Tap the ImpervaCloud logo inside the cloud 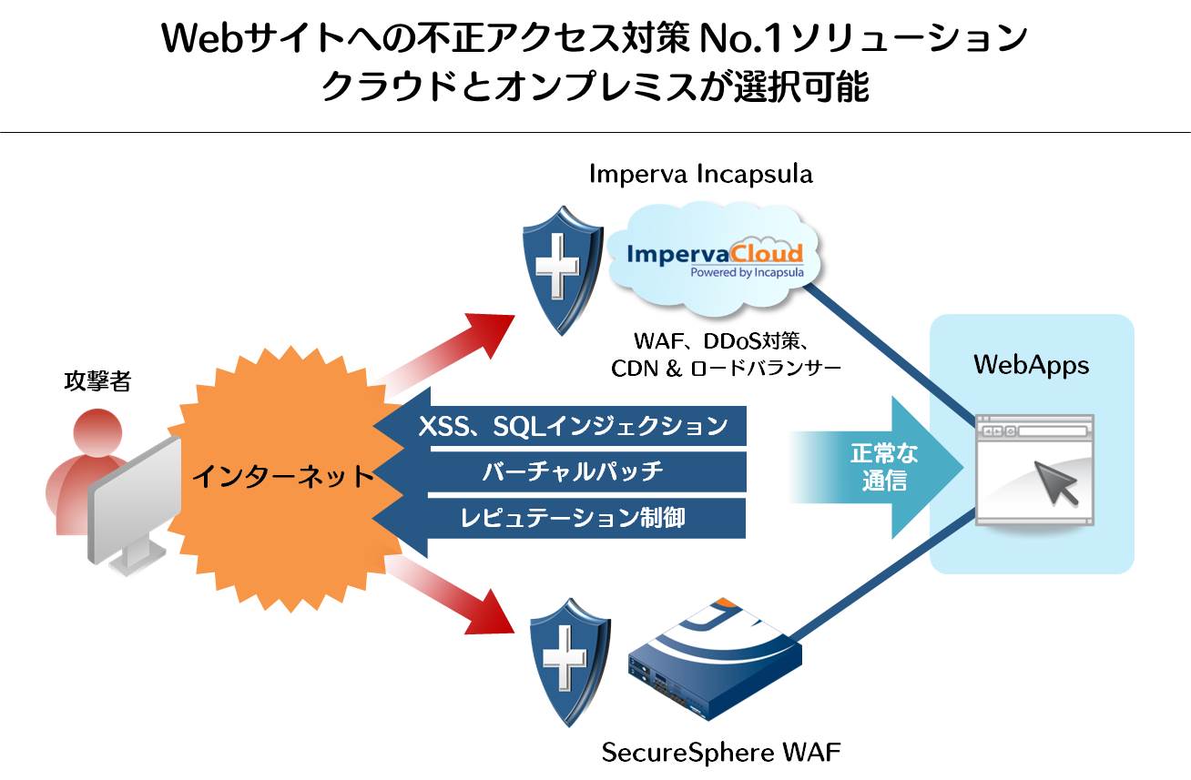tap(715, 255)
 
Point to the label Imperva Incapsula tap(700, 174)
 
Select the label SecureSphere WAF tap(721, 754)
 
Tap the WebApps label tap(1031, 365)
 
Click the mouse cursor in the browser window tap(1055, 482)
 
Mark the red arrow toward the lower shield tap(455, 596)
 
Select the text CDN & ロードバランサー tap(725, 369)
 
